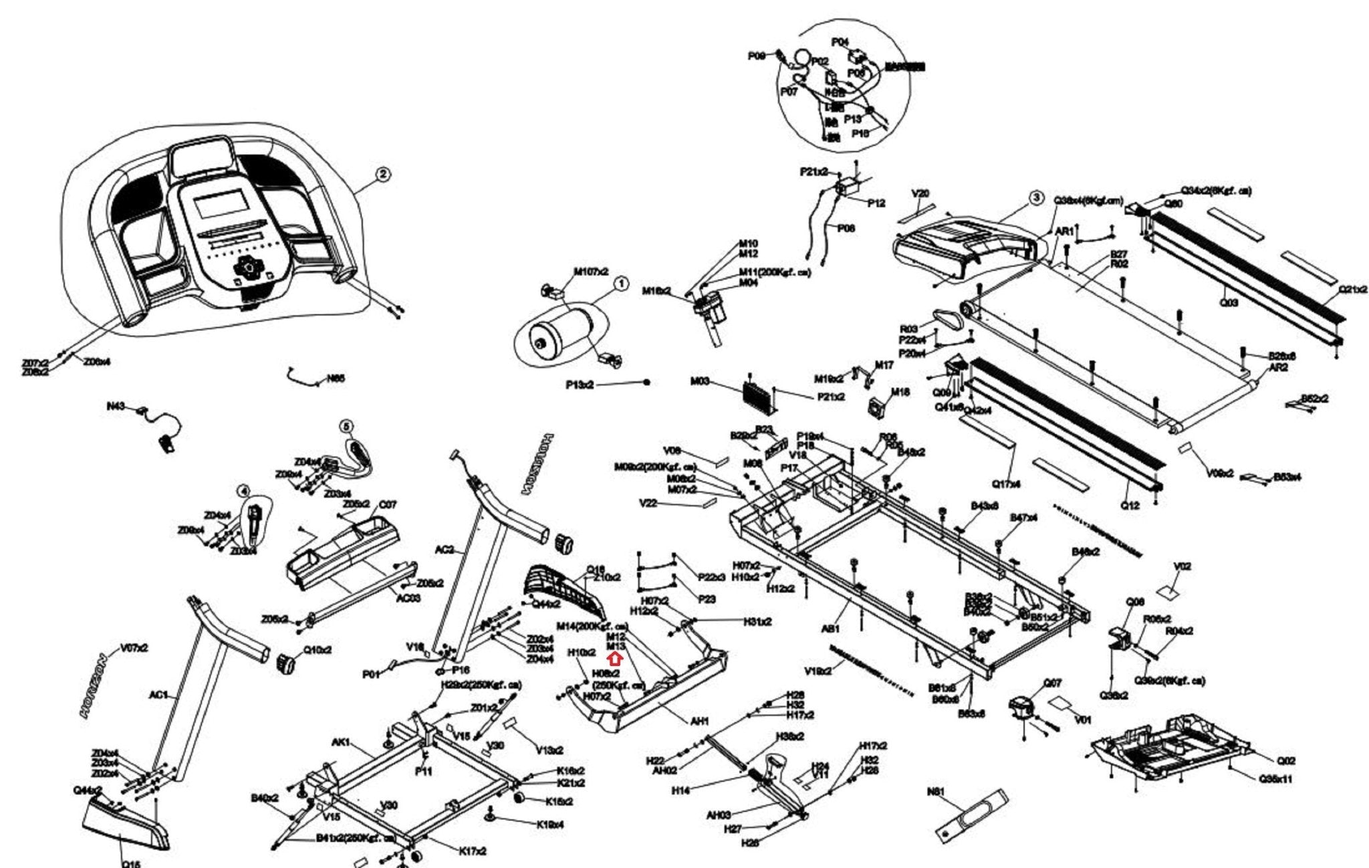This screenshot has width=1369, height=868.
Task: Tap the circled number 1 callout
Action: pos(621,284)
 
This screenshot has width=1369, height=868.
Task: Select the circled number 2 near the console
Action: pos(382,175)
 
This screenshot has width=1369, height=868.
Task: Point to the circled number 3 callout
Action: pos(1035,197)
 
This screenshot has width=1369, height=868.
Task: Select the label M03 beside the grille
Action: pos(700,382)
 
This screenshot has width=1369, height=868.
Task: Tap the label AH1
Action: pos(699,722)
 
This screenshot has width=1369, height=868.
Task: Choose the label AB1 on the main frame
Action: pos(830,629)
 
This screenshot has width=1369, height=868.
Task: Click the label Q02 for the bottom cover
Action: pos(1286,760)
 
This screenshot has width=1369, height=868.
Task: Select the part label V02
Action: pos(1183,566)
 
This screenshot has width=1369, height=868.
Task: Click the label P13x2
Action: pos(580,385)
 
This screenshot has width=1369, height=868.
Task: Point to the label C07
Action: pos(388,504)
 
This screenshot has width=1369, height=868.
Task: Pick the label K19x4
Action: pos(550,825)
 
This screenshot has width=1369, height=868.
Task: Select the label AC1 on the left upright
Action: pos(158,695)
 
